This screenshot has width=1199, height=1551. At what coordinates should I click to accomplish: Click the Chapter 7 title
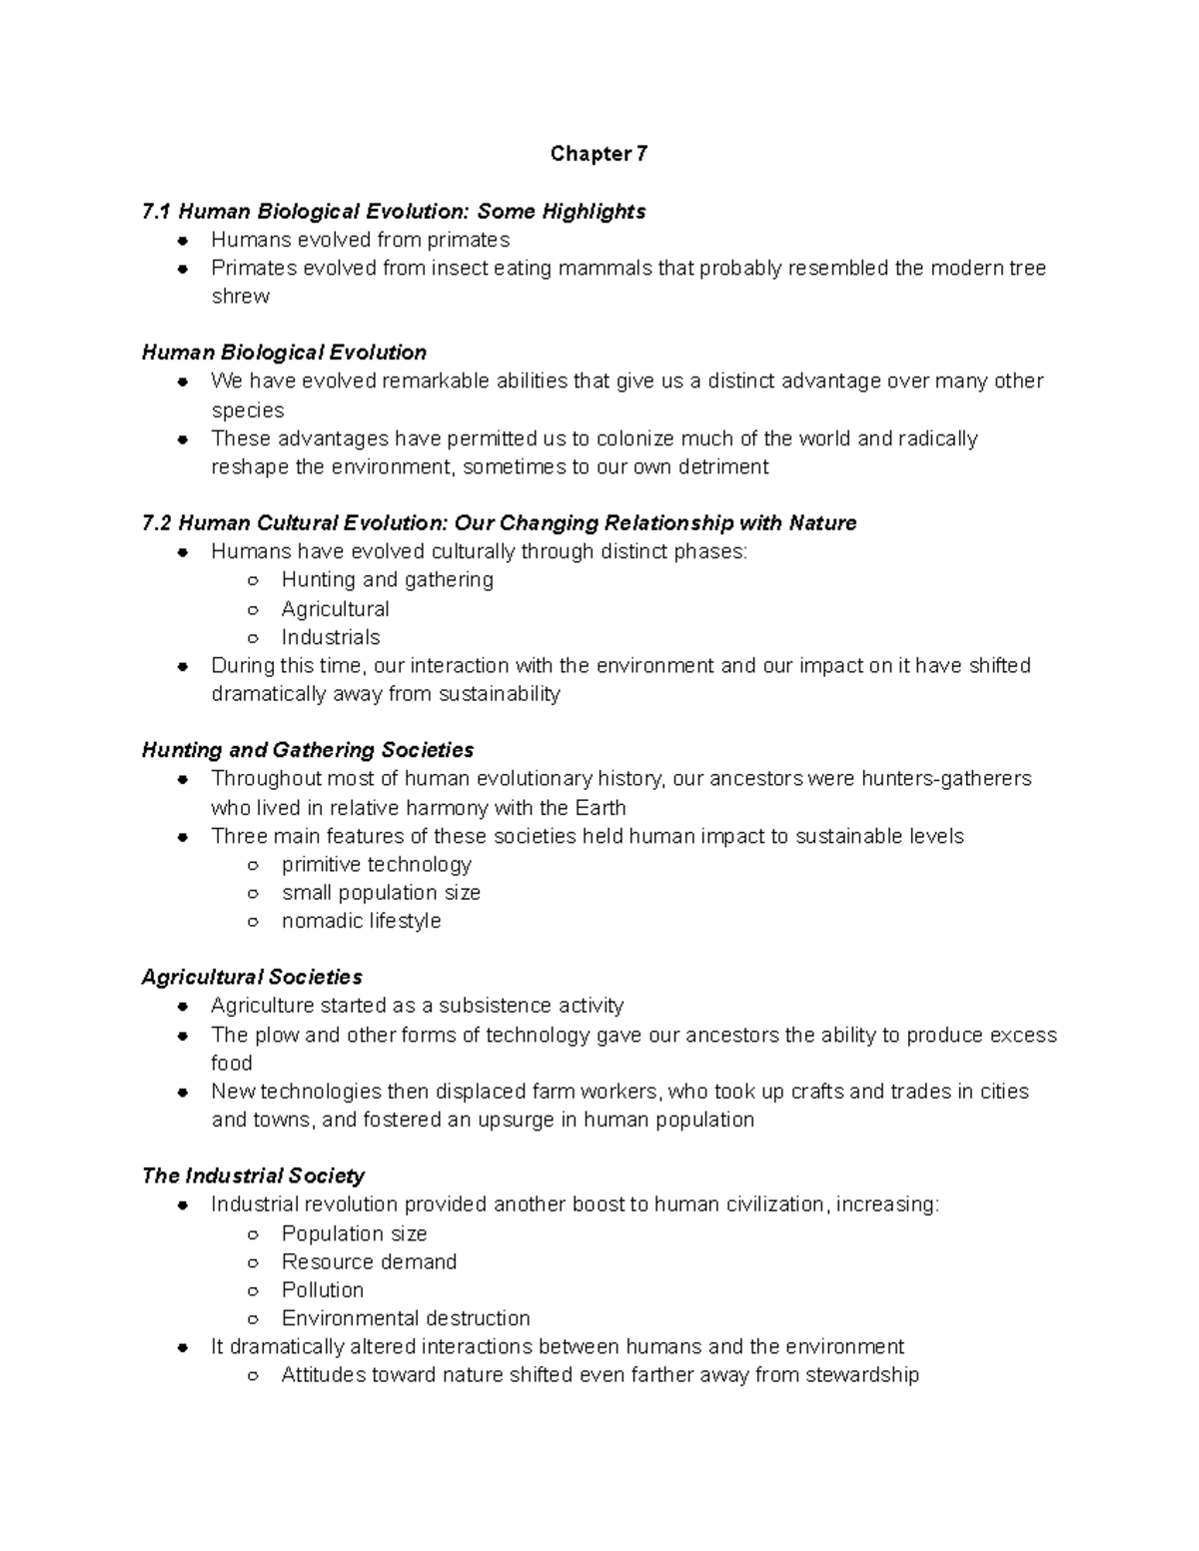(599, 154)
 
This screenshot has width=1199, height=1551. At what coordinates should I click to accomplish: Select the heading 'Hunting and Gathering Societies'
(308, 750)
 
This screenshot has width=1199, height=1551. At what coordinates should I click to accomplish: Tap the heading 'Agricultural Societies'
(252, 977)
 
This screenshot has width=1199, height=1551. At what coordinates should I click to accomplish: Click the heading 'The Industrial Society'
(253, 1175)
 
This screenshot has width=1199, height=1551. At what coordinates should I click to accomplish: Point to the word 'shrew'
(240, 297)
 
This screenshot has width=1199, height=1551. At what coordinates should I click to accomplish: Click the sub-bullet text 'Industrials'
(331, 637)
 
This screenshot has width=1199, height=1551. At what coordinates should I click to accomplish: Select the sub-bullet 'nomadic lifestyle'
(361, 921)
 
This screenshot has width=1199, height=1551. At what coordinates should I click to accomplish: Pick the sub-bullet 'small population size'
(381, 893)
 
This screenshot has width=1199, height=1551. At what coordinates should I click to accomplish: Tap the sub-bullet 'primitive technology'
(376, 864)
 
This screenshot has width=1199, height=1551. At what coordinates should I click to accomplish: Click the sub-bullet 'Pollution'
(322, 1289)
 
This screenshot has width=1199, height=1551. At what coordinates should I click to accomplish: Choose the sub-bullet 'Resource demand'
(369, 1261)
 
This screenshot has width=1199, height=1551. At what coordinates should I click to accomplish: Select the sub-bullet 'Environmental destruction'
(405, 1318)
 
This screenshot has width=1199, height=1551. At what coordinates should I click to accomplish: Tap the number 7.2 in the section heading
(157, 523)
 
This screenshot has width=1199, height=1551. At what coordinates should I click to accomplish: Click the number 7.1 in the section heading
(157, 212)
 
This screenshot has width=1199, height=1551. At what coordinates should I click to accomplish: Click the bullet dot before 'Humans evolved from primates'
(183, 241)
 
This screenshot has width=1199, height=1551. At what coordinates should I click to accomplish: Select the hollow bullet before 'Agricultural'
(254, 609)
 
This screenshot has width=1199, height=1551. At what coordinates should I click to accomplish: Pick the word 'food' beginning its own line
(231, 1063)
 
